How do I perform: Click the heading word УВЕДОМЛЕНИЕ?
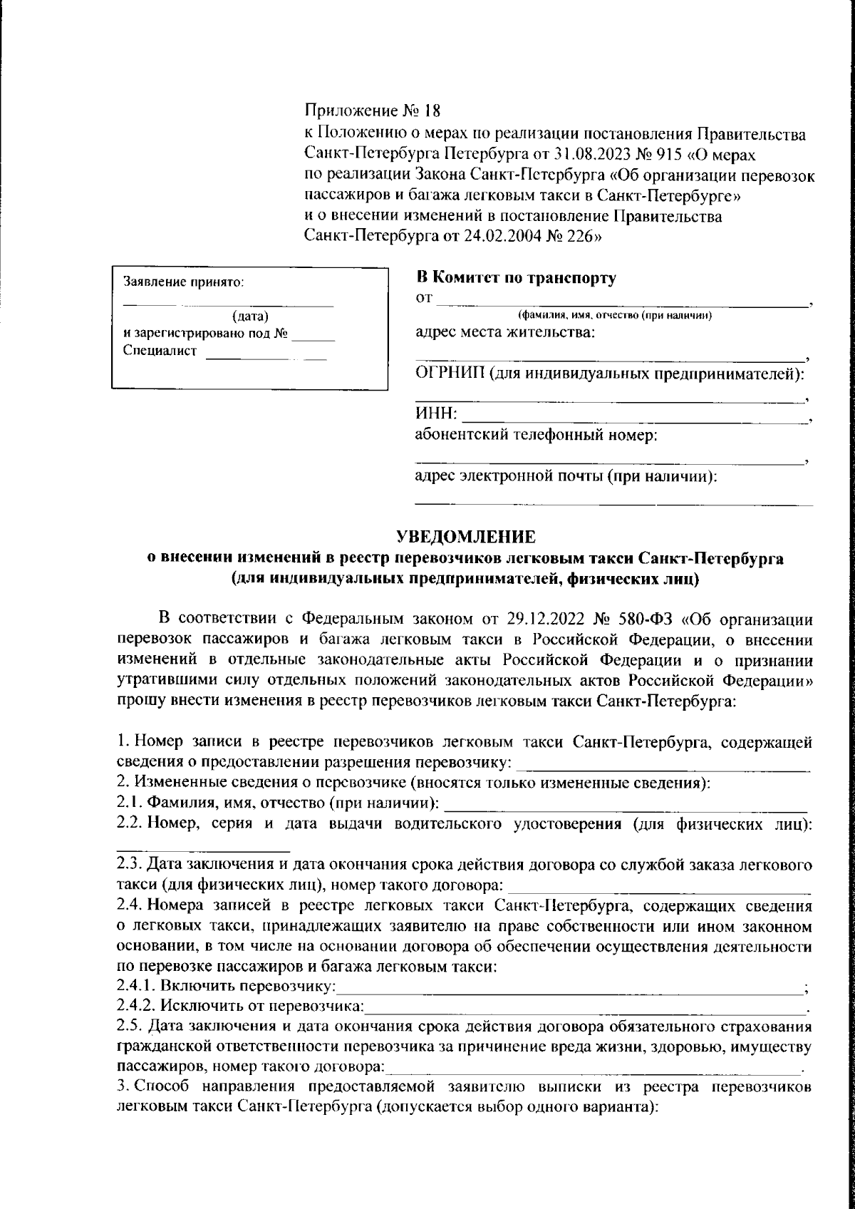pos(465,535)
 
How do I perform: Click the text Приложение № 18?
pos(373,111)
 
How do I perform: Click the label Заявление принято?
pos(185,282)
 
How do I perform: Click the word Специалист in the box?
pos(160,350)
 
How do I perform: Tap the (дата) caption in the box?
pos(249,316)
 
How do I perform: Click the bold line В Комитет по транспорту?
pos(516,279)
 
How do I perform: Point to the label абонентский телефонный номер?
pos(536,434)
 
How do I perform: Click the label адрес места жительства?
pos(505,332)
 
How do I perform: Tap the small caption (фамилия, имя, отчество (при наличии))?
pos(616,315)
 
